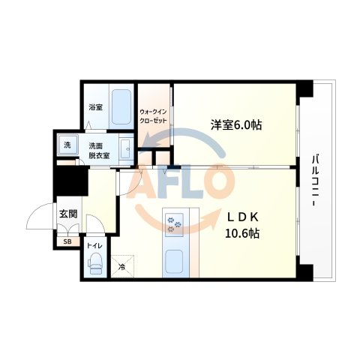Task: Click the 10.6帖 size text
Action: click(243, 233)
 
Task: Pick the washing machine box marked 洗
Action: click(66, 144)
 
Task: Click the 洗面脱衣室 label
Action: click(97, 150)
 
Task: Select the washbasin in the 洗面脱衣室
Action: click(125, 148)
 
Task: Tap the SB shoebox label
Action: click(67, 241)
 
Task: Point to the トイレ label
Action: click(94, 244)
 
